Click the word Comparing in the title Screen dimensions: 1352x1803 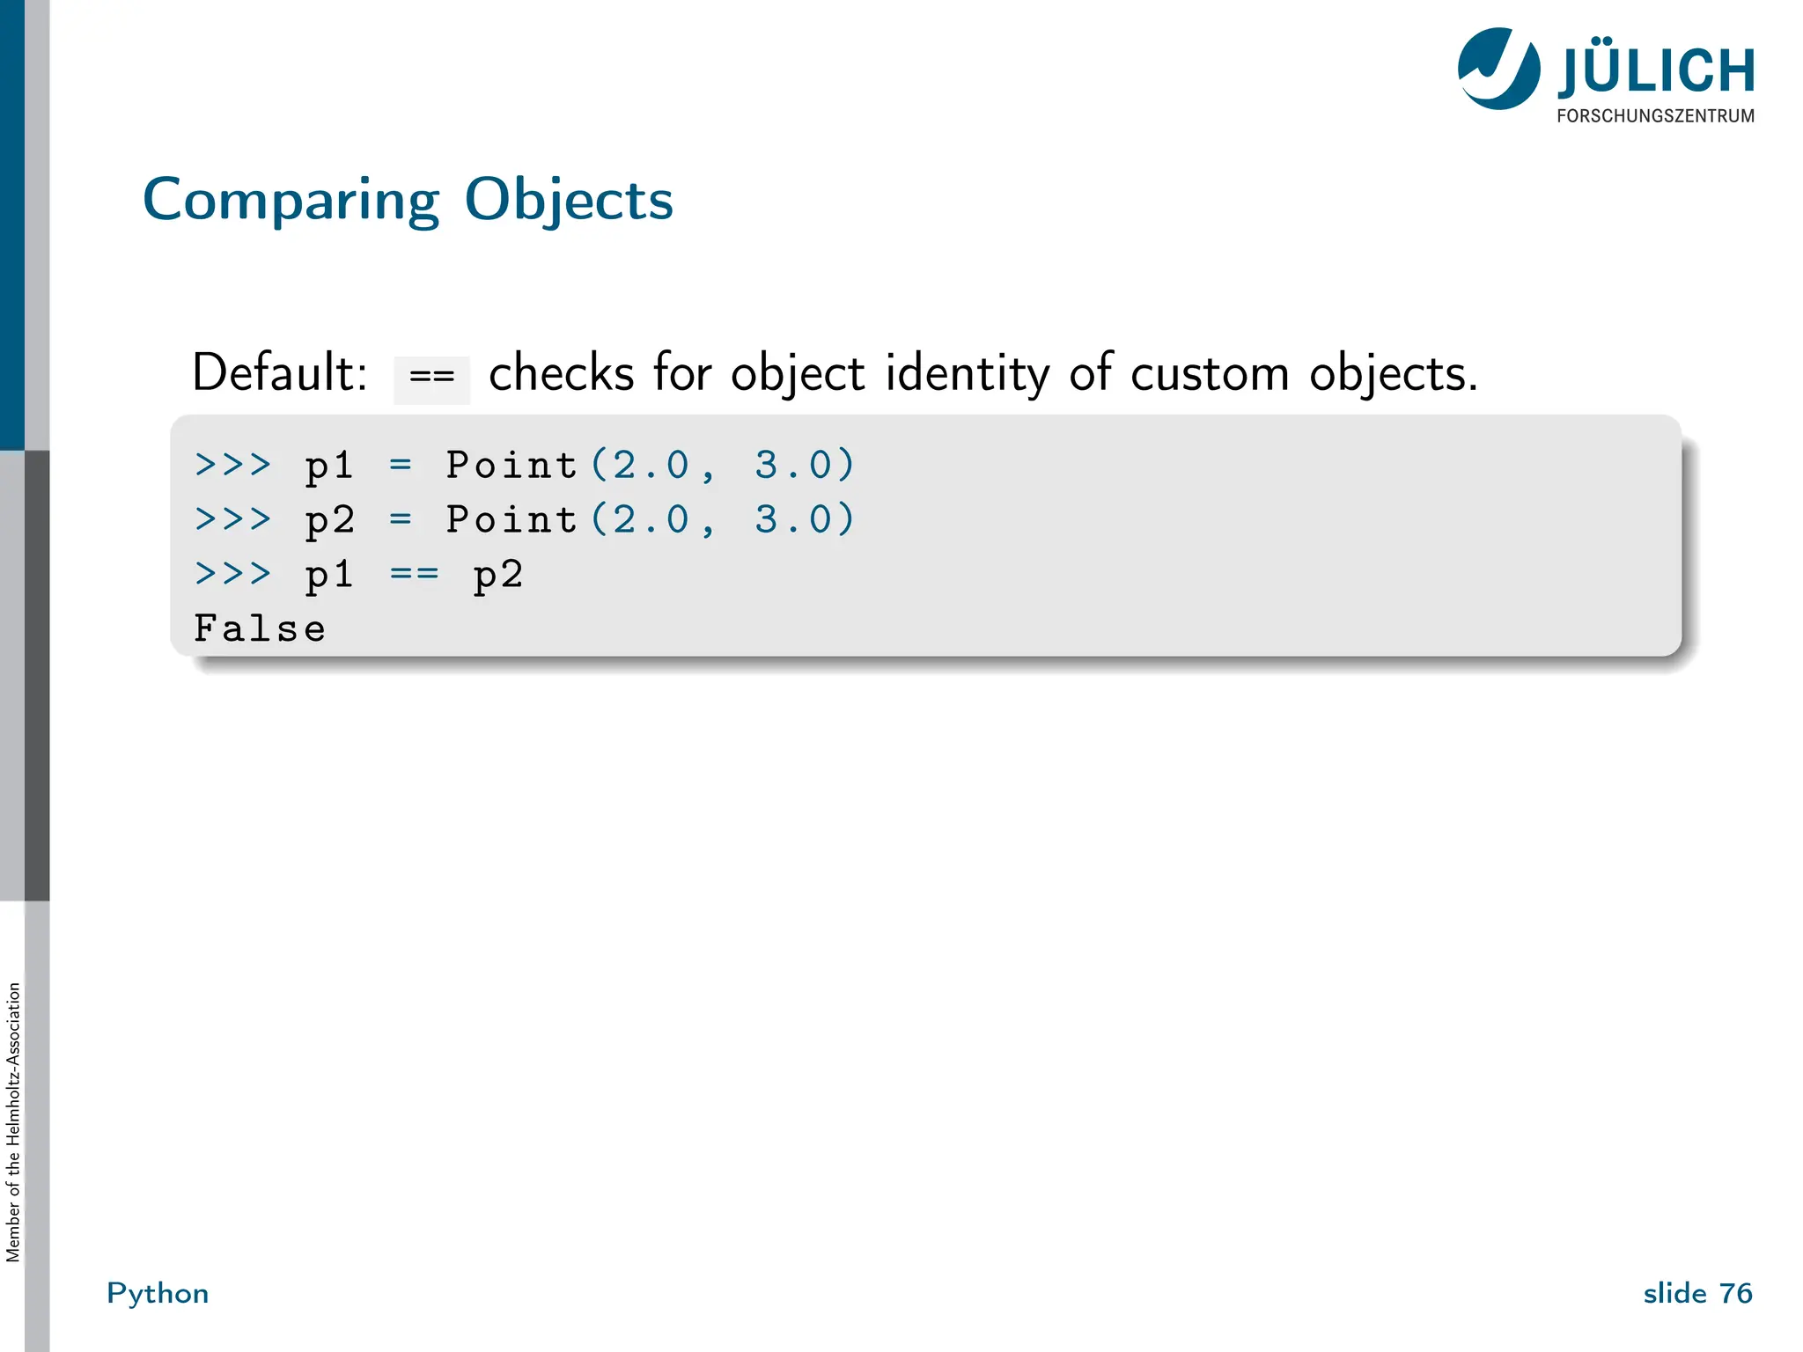[291, 201]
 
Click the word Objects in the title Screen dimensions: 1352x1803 [568, 201]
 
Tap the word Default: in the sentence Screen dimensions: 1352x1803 [279, 373]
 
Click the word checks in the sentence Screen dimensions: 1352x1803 [561, 373]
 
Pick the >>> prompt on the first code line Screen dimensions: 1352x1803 [232, 464]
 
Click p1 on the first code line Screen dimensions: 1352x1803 [329, 466]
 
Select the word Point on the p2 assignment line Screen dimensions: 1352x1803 [511, 519]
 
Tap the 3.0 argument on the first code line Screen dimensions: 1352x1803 [792, 465]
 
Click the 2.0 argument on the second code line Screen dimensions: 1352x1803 [651, 519]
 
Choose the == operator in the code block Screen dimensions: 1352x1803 [414, 574]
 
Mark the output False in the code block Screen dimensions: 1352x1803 [260, 628]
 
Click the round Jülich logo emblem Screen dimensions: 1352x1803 [1498, 69]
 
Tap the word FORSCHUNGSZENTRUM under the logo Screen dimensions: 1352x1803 [1655, 116]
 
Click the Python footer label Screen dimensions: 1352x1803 [158, 1293]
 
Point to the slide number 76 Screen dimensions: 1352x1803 [1735, 1293]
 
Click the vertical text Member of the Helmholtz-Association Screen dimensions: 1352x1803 [13, 1122]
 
